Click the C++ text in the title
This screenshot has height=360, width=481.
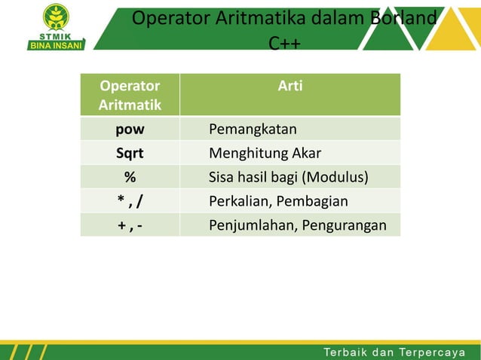284,44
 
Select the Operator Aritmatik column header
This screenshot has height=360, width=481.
130,96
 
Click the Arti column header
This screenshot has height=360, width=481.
290,87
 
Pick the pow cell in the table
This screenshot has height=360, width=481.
130,129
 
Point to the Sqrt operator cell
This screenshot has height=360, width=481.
130,154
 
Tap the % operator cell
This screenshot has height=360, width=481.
130,178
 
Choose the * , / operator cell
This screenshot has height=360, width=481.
130,201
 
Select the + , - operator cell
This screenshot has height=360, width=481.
130,225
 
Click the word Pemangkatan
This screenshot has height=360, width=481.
253,129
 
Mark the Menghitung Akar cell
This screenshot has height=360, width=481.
265,154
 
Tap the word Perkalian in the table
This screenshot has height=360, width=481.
240,201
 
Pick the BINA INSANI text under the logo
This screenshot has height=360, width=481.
57,44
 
